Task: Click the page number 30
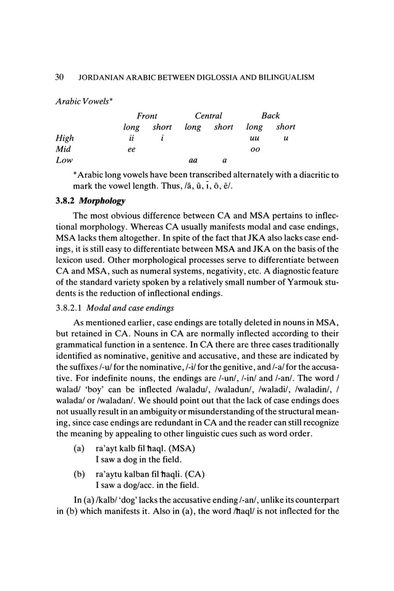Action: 60,78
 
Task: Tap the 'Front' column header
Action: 147,115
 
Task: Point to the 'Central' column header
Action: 208,115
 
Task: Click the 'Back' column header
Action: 270,115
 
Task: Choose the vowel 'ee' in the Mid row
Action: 131,149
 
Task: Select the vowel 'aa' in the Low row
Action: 193,161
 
